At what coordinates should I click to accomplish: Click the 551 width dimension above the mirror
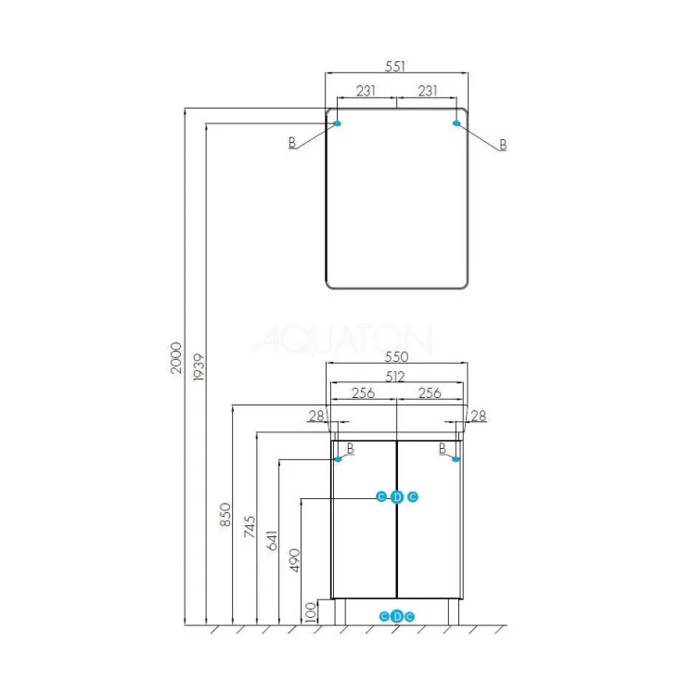[x=395, y=67]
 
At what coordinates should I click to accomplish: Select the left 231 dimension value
[x=366, y=91]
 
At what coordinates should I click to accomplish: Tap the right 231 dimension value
[x=428, y=91]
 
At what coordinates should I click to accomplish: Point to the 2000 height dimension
[x=176, y=358]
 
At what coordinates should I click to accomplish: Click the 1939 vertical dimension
[x=199, y=367]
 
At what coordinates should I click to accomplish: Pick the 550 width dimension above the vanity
[x=396, y=356]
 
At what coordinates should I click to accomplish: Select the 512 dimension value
[x=395, y=377]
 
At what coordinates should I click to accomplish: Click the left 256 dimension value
[x=363, y=393]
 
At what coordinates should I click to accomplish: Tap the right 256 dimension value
[x=430, y=393]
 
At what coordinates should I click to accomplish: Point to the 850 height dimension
[x=225, y=515]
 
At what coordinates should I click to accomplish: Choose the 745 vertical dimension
[x=250, y=527]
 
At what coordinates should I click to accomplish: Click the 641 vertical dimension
[x=272, y=541]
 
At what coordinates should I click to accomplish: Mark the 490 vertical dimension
[x=295, y=560]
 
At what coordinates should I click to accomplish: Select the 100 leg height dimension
[x=311, y=612]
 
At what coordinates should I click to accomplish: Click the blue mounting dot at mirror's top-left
[x=338, y=123]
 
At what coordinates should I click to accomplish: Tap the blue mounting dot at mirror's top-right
[x=456, y=123]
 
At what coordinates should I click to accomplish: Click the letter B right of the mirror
[x=503, y=145]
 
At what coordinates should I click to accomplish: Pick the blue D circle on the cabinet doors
[x=397, y=497]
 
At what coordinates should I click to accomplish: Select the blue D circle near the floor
[x=397, y=616]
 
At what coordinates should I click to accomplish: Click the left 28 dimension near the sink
[x=316, y=416]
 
